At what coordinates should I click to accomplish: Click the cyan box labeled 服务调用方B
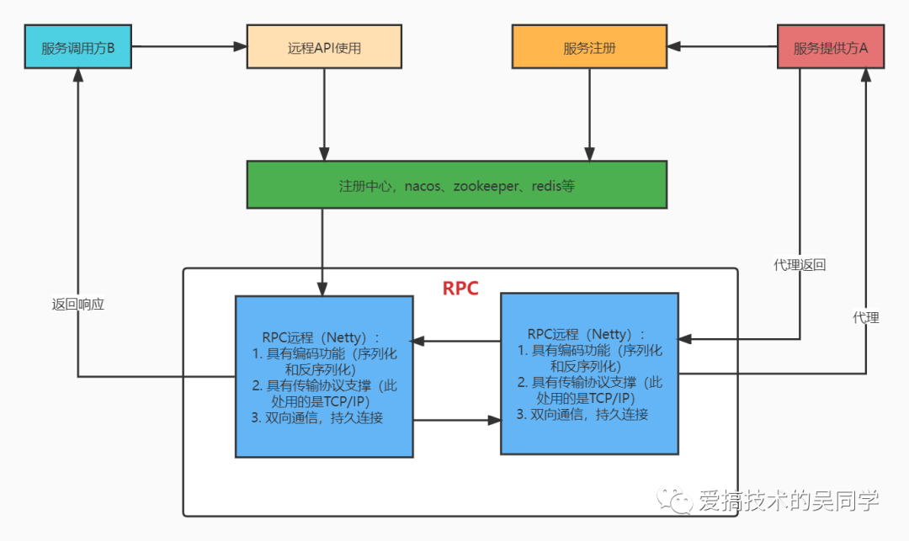click(x=77, y=47)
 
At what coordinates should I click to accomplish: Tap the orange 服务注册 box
click(x=589, y=47)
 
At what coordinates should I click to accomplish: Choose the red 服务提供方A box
click(x=831, y=47)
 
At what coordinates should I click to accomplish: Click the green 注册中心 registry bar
click(x=456, y=184)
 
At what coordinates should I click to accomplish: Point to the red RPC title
click(x=460, y=289)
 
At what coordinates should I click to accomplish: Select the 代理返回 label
click(x=800, y=265)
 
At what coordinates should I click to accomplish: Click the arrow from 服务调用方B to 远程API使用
click(x=189, y=47)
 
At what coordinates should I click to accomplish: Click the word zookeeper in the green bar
click(x=486, y=185)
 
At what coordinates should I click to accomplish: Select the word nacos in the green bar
click(x=423, y=185)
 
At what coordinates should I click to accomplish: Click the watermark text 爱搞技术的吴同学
click(x=788, y=501)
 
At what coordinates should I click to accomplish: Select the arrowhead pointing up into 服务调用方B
click(x=77, y=76)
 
